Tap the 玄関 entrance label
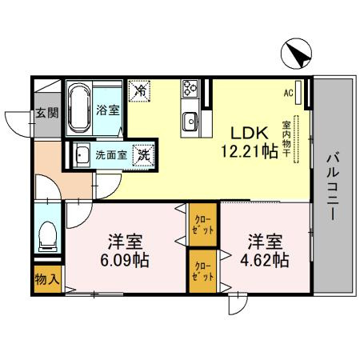(46, 113)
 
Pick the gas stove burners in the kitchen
(193, 89)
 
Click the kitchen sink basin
(192, 121)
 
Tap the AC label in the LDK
(288, 92)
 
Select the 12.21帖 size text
(250, 150)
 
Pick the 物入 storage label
(46, 280)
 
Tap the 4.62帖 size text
(262, 259)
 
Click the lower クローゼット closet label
(202, 272)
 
